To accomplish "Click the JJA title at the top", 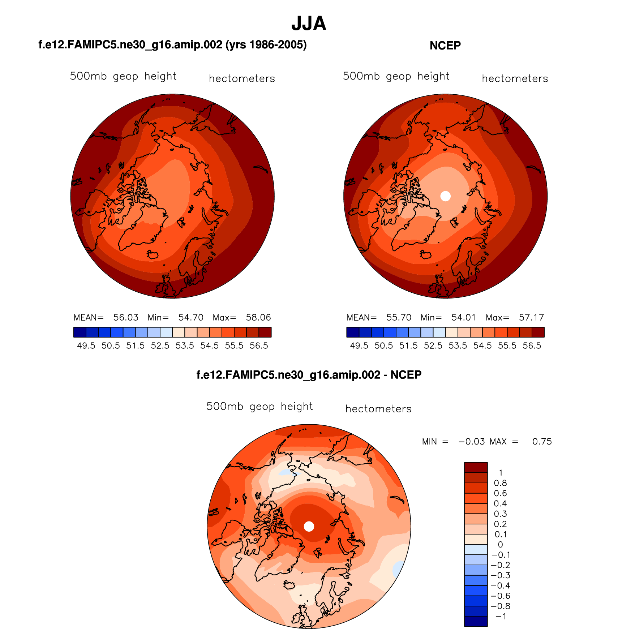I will (x=309, y=24).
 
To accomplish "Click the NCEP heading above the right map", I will (x=445, y=46).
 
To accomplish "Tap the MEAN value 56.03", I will (x=126, y=318).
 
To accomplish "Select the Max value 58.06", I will (x=258, y=318).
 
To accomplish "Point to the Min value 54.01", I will (x=463, y=318).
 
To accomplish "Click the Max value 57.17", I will (x=531, y=318).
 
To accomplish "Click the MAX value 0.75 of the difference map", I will (x=542, y=442).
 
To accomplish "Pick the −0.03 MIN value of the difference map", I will (x=472, y=442).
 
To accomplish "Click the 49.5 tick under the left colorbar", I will (x=86, y=346).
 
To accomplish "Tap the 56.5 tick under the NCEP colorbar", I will (x=532, y=346).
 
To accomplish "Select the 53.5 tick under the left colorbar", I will (x=185, y=346).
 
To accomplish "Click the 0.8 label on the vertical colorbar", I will (x=500, y=483).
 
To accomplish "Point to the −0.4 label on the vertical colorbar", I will (x=501, y=585).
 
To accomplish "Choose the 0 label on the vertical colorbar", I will (x=500, y=545).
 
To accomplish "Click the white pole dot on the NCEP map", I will (x=446, y=196).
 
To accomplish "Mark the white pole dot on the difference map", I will (x=309, y=526).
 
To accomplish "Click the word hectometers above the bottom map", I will (x=378, y=409).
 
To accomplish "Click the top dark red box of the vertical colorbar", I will (x=476, y=467).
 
